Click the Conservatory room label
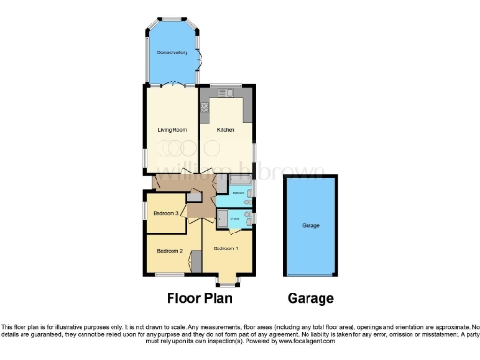tap(172, 52)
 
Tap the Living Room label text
tap(171, 129)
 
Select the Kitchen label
tap(226, 129)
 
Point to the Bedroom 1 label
tap(226, 248)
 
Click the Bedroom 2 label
tap(169, 251)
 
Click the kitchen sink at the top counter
tap(225, 92)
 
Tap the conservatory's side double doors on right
tap(201, 58)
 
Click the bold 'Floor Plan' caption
tap(198, 299)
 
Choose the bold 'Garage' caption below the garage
tap(310, 299)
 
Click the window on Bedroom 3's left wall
tap(144, 213)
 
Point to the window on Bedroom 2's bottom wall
tap(168, 275)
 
